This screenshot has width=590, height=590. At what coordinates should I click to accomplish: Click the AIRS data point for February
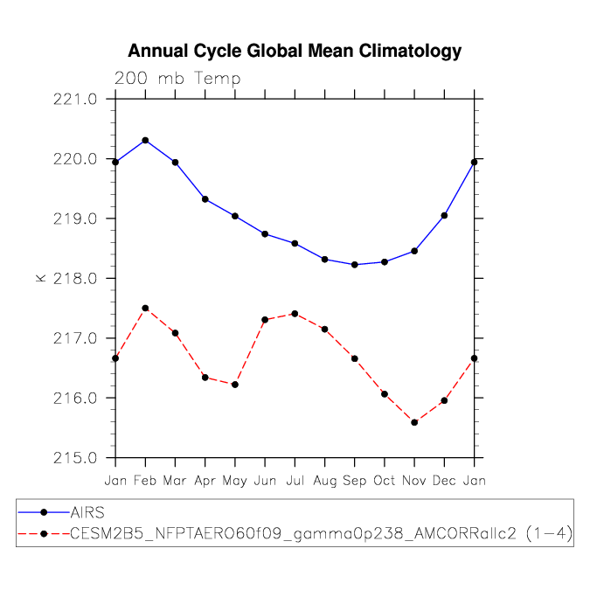coord(145,141)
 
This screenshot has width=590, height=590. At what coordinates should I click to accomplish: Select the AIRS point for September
coord(355,265)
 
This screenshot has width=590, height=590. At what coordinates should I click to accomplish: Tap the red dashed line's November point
coord(414,422)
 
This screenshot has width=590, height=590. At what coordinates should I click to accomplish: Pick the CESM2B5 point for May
coord(235,385)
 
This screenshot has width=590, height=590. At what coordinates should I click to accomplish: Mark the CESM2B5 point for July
coord(295,314)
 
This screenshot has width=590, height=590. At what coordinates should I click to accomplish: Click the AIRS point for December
coord(444,216)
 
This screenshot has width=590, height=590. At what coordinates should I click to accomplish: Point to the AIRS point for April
coord(205,199)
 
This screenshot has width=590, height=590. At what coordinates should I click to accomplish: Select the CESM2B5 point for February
coord(145,309)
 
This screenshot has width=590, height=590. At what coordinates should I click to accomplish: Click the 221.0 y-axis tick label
coord(75,100)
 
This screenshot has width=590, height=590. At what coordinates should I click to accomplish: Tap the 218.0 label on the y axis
coord(75,279)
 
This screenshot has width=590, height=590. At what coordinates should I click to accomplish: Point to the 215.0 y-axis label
coord(75,458)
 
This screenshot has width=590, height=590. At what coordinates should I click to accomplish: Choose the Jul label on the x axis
coord(295,481)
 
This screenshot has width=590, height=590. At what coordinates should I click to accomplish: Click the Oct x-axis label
coord(385,481)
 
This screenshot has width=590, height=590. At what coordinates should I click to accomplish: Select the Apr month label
coord(205,482)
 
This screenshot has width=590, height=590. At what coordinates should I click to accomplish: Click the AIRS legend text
coord(87,512)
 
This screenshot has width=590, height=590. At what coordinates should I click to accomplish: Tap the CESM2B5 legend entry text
coord(322,533)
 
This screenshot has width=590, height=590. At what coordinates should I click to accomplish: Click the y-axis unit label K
coord(40,278)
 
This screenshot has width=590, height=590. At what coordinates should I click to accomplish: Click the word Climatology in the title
coord(410,52)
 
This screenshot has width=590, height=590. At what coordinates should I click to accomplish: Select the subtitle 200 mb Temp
coord(177,79)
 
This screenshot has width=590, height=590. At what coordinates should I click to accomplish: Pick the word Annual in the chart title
coord(158,51)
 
